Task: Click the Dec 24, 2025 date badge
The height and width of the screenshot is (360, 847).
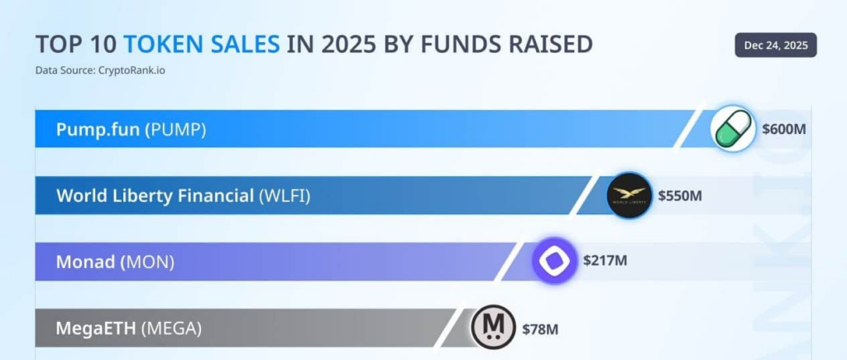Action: coord(775,45)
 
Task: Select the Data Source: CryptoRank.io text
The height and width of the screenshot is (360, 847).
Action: coord(99,70)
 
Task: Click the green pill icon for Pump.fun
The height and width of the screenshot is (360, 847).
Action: coord(734,129)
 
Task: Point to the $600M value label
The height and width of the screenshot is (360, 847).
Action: coord(784,130)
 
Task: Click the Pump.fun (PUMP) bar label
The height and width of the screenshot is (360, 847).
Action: coord(131,129)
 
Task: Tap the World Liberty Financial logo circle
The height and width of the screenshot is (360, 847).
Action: coord(630,195)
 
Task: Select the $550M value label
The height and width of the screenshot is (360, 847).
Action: coord(680,196)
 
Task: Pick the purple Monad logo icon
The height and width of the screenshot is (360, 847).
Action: coord(553,261)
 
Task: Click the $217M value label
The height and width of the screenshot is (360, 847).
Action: coord(605,261)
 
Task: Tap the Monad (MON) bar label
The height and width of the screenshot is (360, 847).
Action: coord(115,262)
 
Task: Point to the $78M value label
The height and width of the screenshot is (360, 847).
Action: coord(540,329)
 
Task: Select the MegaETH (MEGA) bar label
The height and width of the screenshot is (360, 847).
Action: coord(128,328)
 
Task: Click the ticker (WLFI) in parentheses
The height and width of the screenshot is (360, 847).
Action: coord(285,195)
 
